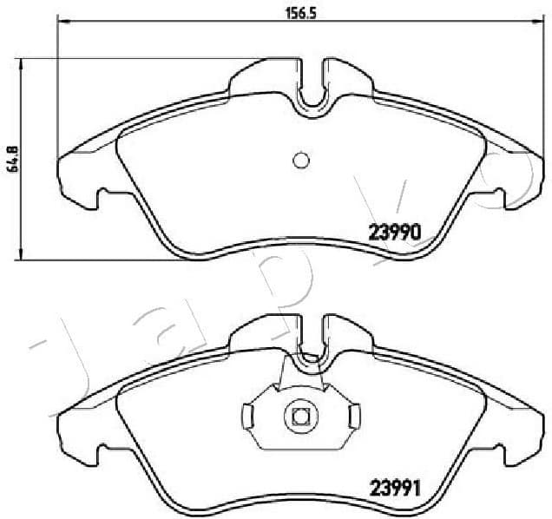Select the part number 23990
coord(395,232)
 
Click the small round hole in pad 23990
coord(300,161)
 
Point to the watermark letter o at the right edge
coord(512,178)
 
